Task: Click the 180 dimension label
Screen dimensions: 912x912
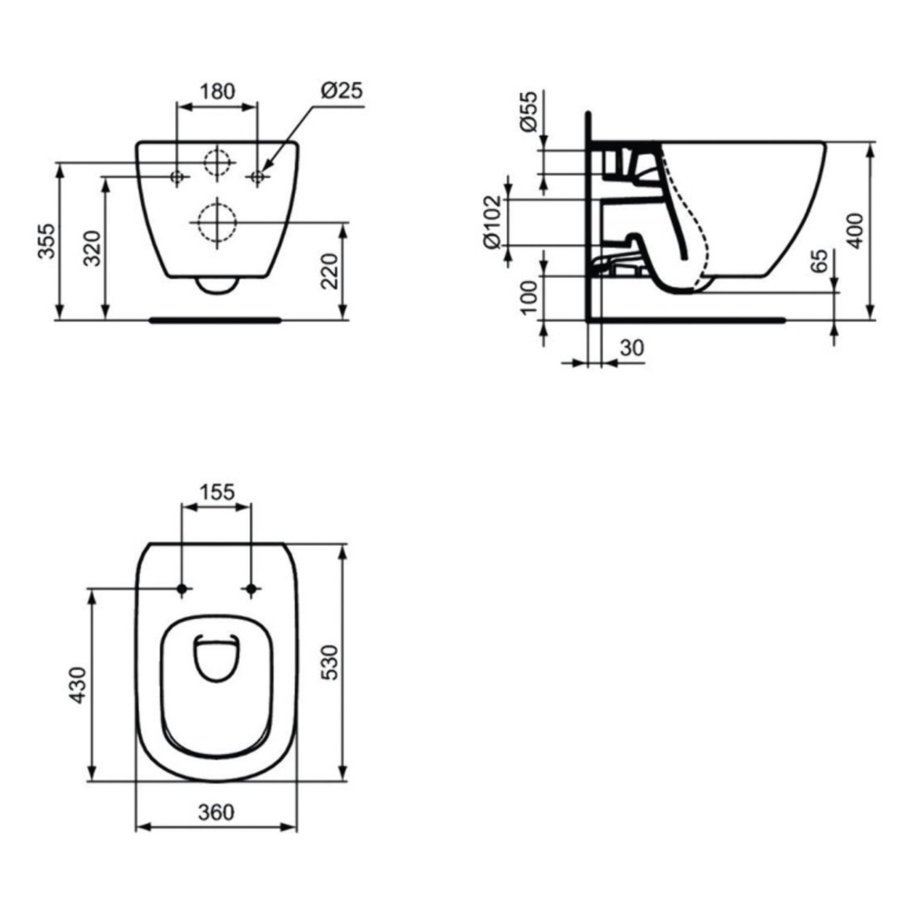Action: [217, 91]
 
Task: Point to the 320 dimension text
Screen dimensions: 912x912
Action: [92, 248]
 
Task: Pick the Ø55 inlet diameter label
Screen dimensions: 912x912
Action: [529, 111]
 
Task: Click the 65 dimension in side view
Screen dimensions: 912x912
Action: [818, 261]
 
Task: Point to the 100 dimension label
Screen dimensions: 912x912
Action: [529, 298]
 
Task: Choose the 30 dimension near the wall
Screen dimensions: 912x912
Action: [631, 347]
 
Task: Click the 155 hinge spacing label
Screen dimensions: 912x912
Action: [217, 491]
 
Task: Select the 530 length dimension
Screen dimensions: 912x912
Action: [330, 662]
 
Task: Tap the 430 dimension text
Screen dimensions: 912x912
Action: [77, 685]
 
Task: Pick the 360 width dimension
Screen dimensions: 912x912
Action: [216, 812]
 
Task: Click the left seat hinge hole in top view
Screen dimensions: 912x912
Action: [182, 589]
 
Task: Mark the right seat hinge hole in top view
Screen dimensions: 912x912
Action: [252, 589]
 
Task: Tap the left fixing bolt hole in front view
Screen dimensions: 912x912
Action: [178, 177]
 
